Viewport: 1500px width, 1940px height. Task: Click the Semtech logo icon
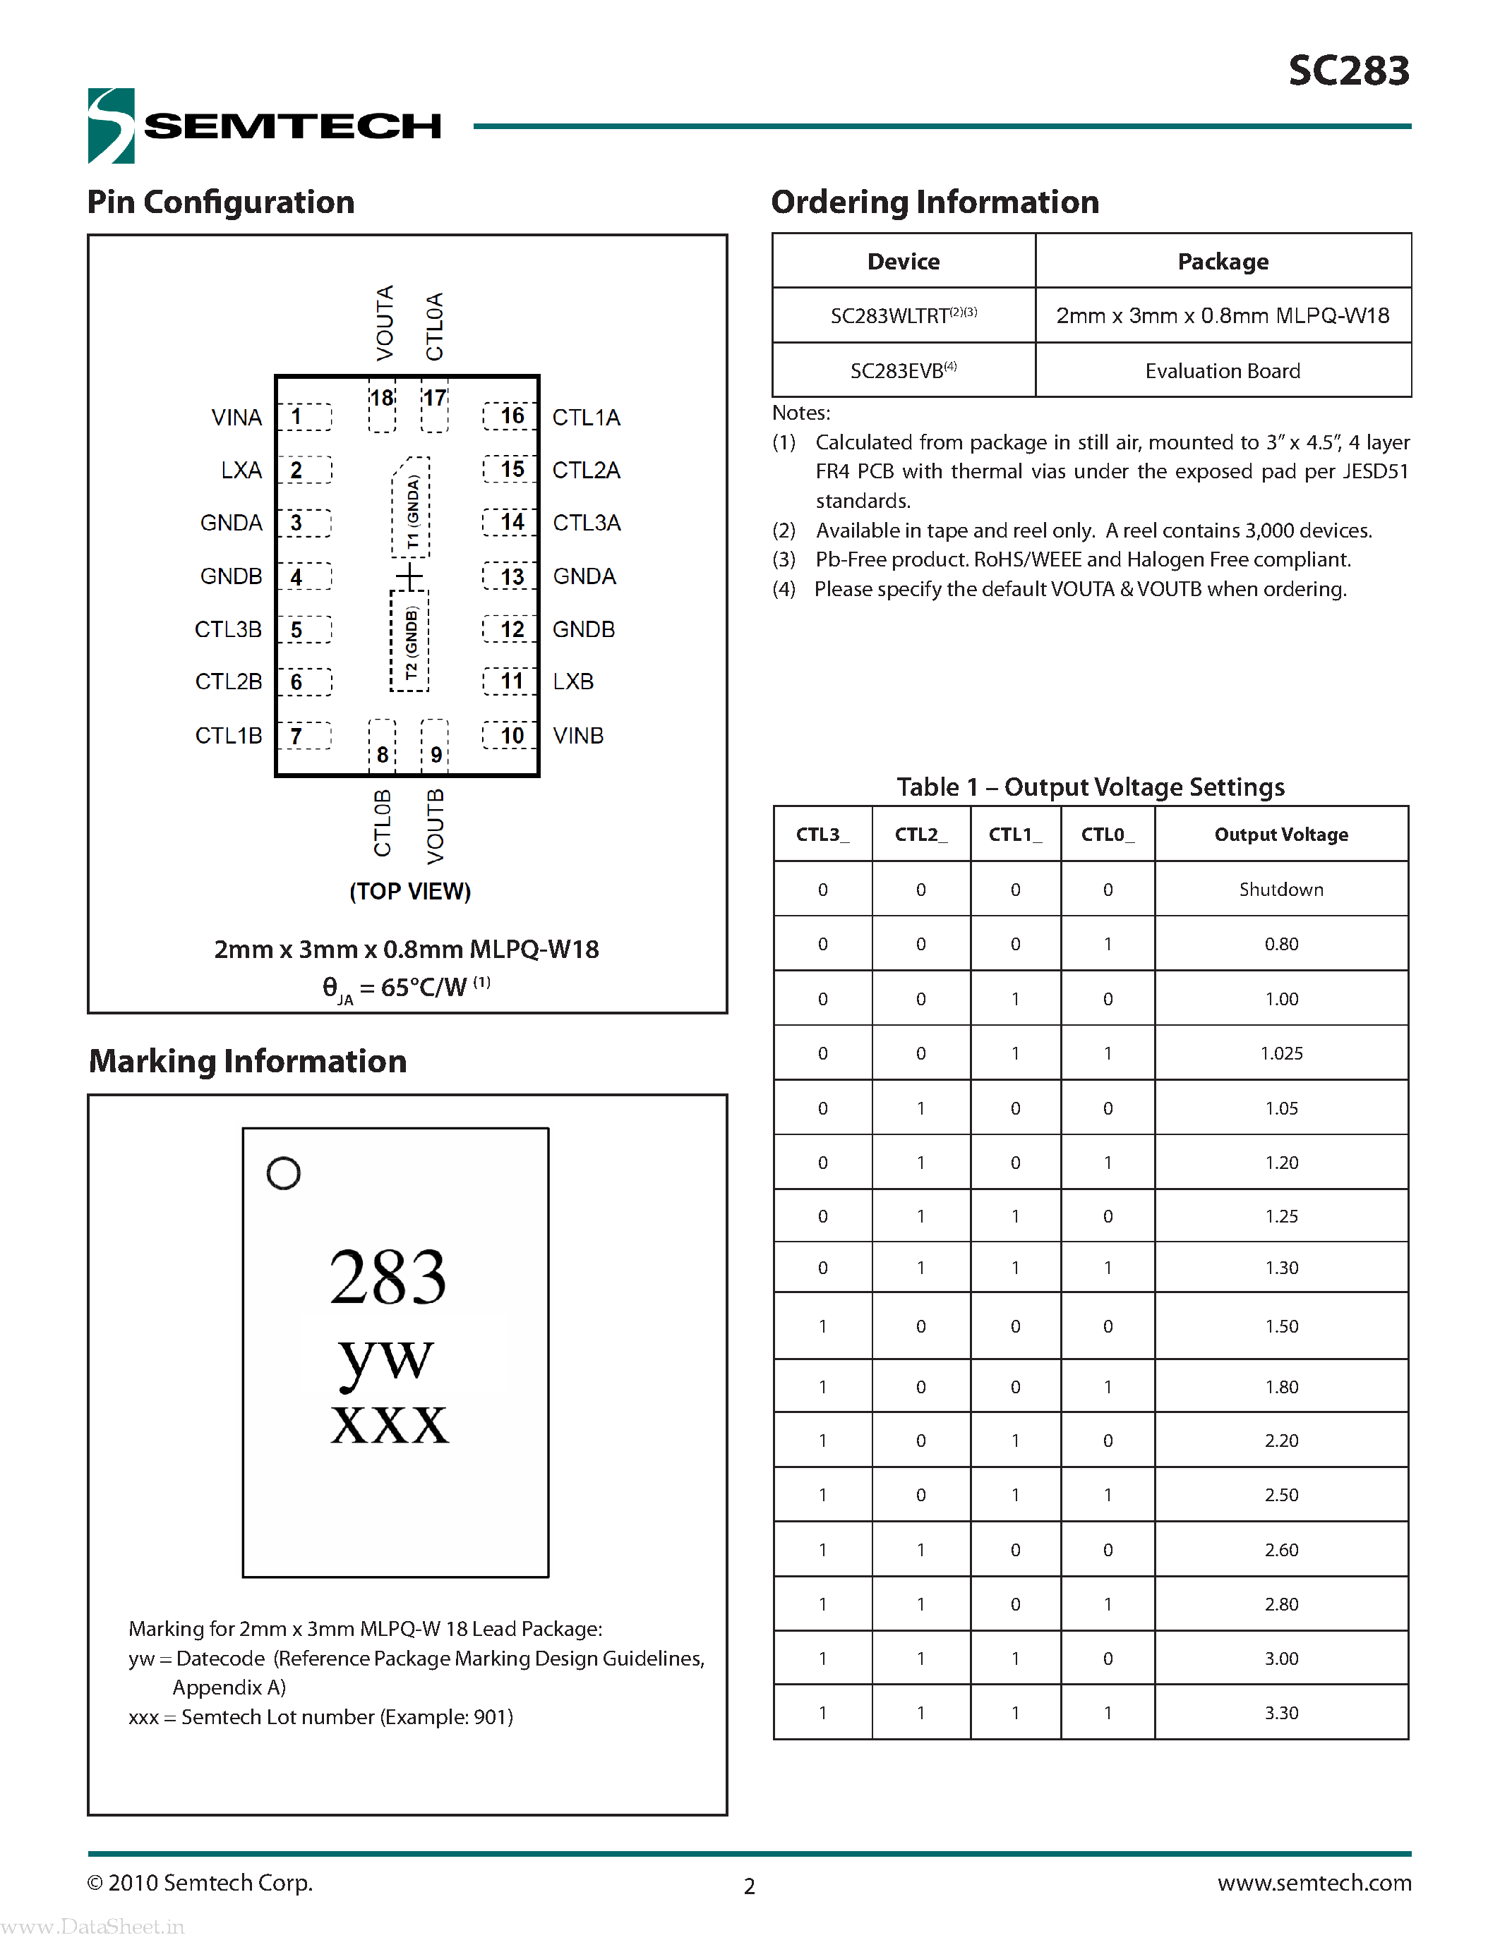[x=111, y=126]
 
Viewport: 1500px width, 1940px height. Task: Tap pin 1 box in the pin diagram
[x=304, y=417]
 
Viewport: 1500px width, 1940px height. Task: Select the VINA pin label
[x=236, y=418]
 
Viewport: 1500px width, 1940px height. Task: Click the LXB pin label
[x=573, y=681]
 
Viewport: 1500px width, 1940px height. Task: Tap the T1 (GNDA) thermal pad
[x=412, y=509]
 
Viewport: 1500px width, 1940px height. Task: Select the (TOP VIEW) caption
[x=409, y=891]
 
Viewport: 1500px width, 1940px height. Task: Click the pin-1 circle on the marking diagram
[x=284, y=1173]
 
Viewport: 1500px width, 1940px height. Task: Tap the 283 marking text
[x=388, y=1276]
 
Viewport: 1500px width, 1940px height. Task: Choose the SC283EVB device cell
[x=903, y=370]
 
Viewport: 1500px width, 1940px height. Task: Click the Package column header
[x=1223, y=261]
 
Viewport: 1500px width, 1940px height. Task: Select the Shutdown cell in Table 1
[x=1280, y=889]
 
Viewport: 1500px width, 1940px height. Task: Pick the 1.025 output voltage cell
[x=1280, y=1053]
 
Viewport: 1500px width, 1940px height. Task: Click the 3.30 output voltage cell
[x=1280, y=1713]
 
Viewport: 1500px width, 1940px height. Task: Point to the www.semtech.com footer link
[x=1314, y=1882]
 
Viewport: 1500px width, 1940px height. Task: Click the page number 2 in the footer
[x=749, y=1886]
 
